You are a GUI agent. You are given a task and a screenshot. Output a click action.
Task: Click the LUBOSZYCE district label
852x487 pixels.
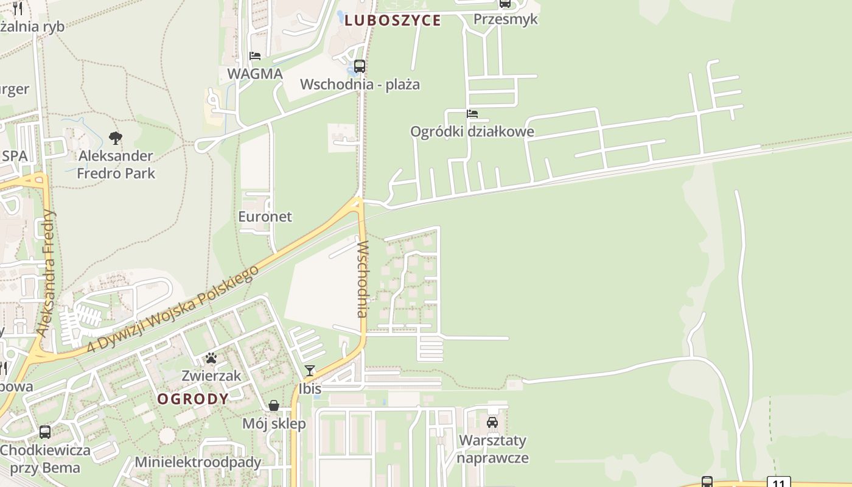(393, 20)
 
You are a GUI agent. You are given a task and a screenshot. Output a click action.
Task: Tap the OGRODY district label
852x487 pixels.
(193, 399)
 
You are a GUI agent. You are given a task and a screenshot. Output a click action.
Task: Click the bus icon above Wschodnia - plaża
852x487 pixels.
(360, 66)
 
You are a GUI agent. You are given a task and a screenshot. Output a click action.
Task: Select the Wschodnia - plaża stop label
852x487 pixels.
(360, 84)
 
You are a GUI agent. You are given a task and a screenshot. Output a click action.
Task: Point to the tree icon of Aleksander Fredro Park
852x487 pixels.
(115, 138)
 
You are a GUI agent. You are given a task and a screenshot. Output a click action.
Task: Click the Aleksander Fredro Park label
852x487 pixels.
(116, 164)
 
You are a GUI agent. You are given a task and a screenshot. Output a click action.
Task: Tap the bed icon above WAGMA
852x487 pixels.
(255, 56)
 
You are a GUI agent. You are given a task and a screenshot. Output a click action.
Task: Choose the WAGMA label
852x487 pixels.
(255, 74)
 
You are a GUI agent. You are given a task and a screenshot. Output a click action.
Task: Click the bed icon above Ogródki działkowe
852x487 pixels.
(472, 114)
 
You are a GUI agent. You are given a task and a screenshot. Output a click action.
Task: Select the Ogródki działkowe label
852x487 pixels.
(472, 131)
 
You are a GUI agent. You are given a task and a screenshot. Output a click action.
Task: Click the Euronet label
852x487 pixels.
(265, 216)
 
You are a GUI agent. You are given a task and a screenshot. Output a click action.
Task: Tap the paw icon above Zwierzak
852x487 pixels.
(211, 358)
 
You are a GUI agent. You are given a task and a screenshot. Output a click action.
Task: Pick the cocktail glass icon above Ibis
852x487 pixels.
(310, 371)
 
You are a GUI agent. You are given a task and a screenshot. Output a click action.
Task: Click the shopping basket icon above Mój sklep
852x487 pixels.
(274, 405)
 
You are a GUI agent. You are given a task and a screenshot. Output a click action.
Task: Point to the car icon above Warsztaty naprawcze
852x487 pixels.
(492, 422)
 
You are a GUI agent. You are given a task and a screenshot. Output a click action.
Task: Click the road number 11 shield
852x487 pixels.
(778, 482)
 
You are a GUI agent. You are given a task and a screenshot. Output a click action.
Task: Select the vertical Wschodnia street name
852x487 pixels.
(363, 279)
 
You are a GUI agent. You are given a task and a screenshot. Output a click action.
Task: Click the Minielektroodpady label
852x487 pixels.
(198, 461)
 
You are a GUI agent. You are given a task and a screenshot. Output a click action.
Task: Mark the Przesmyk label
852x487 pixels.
(505, 19)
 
